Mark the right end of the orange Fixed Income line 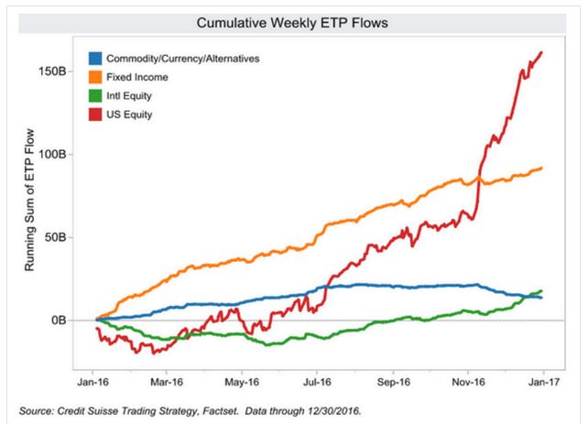click(x=541, y=168)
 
